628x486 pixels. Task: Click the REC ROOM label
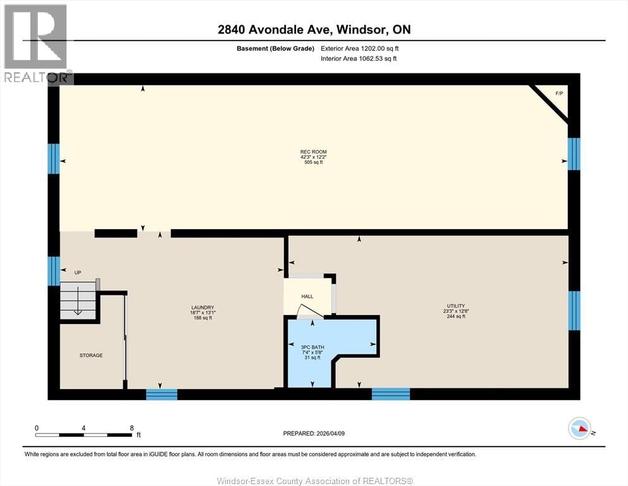313,152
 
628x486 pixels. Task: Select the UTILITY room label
456,306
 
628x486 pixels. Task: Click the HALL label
307,296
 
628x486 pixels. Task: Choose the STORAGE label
91,356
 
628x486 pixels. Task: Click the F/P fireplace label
558,94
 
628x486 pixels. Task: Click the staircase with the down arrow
77,300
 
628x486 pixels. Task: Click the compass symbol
579,429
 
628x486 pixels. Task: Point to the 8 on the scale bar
131,428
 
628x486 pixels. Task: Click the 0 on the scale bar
37,428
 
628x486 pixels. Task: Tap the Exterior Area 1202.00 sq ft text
360,48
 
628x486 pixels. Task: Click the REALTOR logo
37,44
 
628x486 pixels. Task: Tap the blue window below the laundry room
161,394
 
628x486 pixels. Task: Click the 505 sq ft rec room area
313,163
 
